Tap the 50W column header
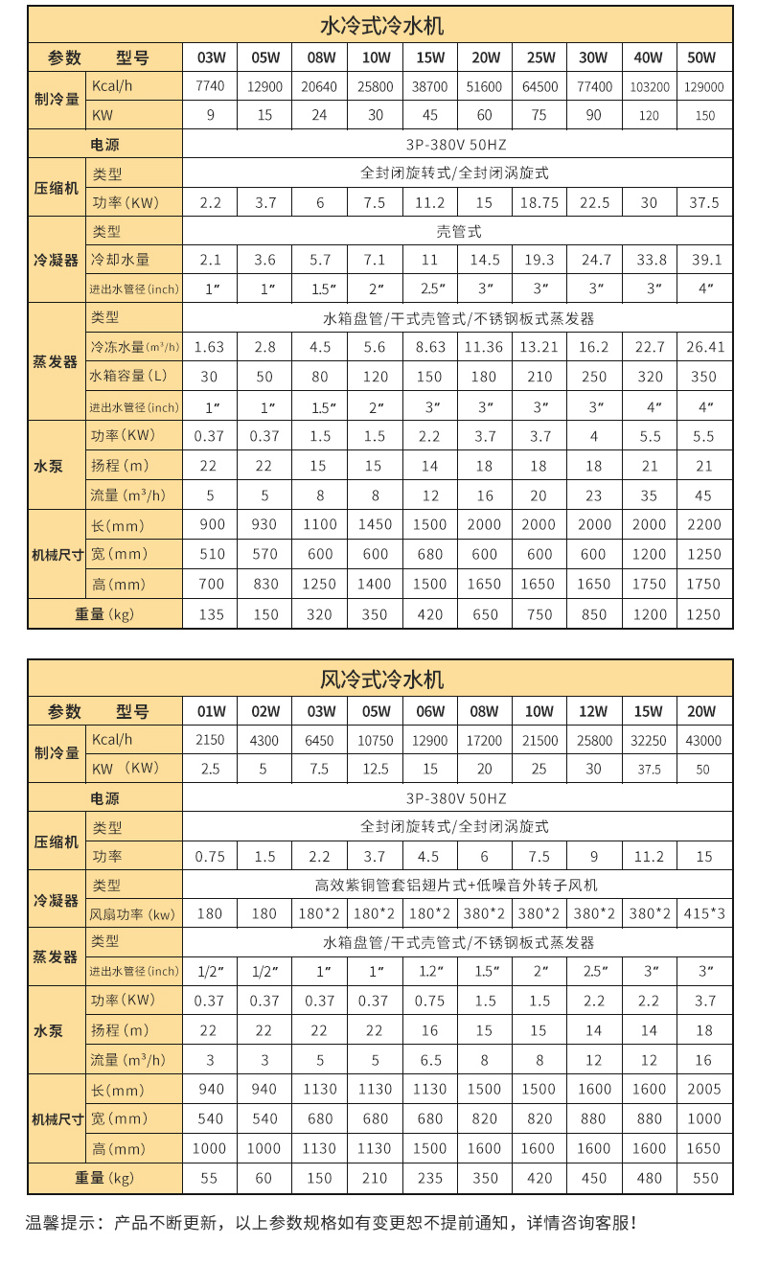pos(704,58)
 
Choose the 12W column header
pos(593,711)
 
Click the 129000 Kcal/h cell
pos(704,87)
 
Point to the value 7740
pos(210,86)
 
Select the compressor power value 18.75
pos(539,203)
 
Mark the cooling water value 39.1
pos(704,260)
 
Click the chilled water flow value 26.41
pos(704,346)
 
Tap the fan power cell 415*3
pos(704,913)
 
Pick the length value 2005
pos(704,1089)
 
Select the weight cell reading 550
pos(704,1179)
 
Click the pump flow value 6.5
pos(430,1060)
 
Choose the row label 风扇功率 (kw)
pos(133,914)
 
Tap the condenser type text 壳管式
pos(458,232)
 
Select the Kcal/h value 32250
pos(649,741)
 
